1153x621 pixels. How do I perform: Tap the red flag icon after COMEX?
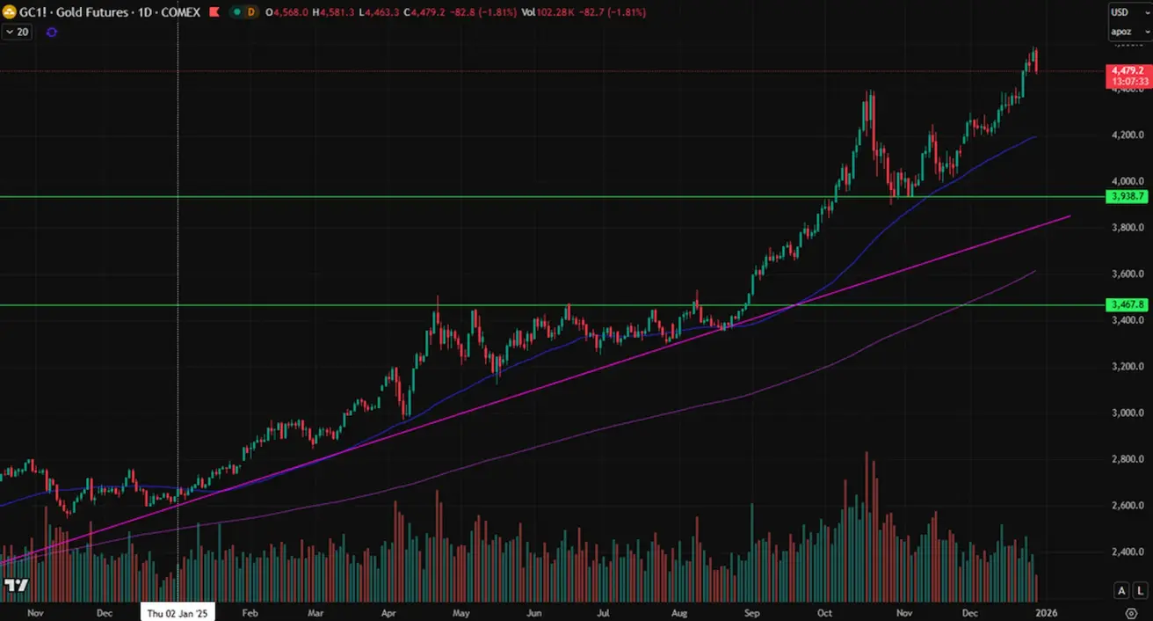(213, 12)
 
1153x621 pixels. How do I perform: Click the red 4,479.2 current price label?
(1127, 70)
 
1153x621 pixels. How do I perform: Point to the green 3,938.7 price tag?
(1127, 197)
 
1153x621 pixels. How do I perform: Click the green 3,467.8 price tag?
(1127, 304)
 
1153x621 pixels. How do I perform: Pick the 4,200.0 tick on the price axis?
(1127, 135)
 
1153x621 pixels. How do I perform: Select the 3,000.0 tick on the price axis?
(1127, 413)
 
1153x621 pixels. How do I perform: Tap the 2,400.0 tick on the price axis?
(1127, 552)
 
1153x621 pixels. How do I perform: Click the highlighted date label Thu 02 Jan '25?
(178, 613)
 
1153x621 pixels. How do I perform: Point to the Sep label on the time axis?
(752, 613)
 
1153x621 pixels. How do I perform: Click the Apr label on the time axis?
(388, 613)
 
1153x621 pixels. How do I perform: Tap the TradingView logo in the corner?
(16, 585)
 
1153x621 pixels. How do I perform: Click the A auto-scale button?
(1121, 590)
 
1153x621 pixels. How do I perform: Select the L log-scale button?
(1139, 590)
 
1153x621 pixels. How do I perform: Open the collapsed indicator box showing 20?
(18, 32)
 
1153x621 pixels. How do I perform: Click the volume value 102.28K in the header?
(573, 12)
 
